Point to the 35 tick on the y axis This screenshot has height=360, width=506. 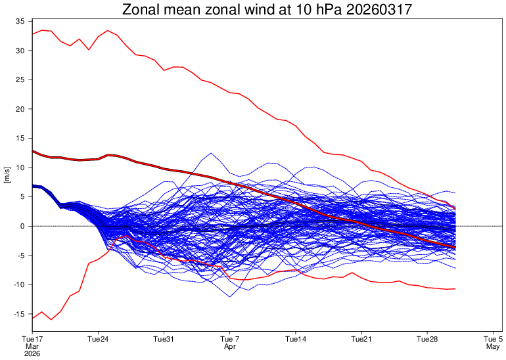(x=20, y=21)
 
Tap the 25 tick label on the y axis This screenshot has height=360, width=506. (x=20, y=79)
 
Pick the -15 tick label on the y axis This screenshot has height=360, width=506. (x=19, y=314)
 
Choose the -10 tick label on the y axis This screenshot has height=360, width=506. (x=19, y=284)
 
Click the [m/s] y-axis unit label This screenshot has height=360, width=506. (x=7, y=176)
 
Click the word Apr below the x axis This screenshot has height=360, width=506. (x=229, y=346)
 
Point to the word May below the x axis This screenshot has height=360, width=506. (x=492, y=346)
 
